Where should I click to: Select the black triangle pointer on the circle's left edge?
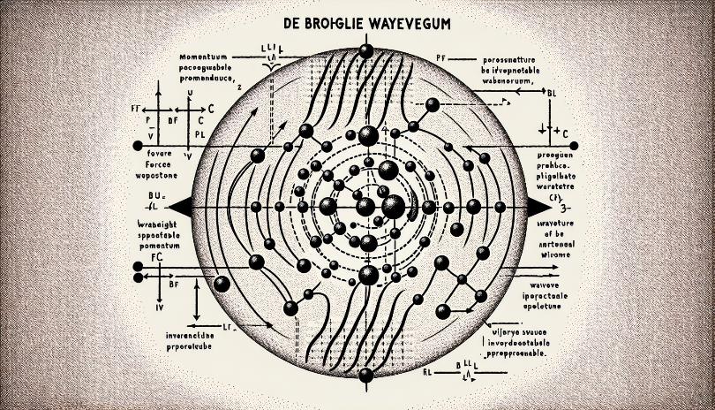click(x=181, y=206)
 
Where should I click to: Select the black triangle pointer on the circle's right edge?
click(x=538, y=206)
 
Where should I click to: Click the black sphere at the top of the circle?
click(x=365, y=50)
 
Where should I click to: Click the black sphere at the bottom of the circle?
click(x=365, y=376)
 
